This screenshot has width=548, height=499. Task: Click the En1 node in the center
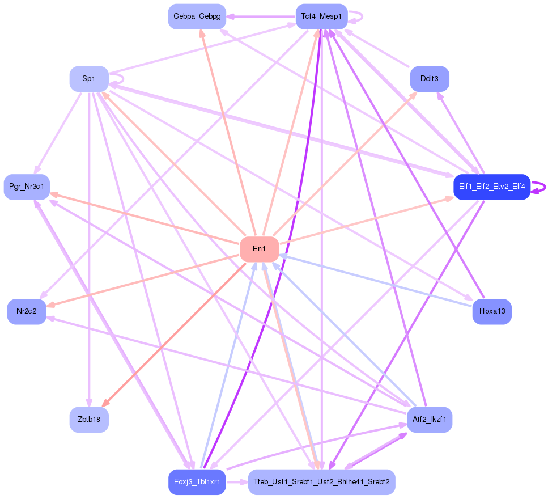pos(259,249)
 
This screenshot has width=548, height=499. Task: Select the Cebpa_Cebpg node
pos(197,16)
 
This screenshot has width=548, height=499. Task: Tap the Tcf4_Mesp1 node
pos(321,16)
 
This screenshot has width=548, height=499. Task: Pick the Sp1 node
pos(89,79)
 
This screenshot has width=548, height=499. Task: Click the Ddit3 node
pos(430,79)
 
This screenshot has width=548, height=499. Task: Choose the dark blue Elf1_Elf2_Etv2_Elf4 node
pos(491,187)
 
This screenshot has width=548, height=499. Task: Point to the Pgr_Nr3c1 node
pos(27,187)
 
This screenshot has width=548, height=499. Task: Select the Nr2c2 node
pos(27,311)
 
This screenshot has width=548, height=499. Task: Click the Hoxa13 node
pos(492,311)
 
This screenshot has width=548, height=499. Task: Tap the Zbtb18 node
pos(89,420)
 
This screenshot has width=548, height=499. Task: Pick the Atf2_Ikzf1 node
pos(430,420)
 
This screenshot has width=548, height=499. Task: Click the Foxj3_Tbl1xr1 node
pos(197,482)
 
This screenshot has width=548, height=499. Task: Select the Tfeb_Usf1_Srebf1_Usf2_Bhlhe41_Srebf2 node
pos(321,482)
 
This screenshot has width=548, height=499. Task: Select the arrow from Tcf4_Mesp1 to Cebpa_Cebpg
pos(261,16)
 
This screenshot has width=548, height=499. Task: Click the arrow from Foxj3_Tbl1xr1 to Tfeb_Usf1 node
pos(237,482)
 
